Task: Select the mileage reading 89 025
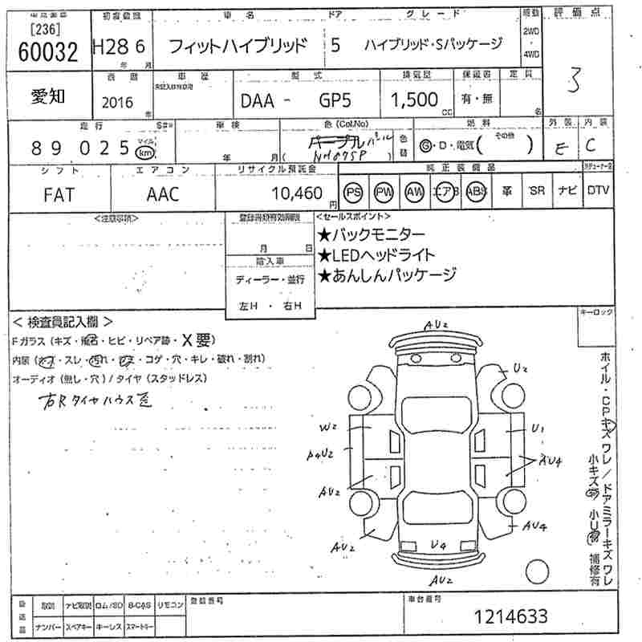80,148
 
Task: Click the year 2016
119,103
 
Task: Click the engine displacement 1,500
414,100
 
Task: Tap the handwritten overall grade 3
573,82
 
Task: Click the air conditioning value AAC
164,195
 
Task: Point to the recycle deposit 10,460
297,193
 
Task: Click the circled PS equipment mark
353,193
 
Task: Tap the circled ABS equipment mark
475,193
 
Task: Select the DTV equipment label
597,191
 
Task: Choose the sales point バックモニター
372,235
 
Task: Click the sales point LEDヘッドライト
377,255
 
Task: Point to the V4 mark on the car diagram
438,547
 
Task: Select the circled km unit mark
144,150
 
